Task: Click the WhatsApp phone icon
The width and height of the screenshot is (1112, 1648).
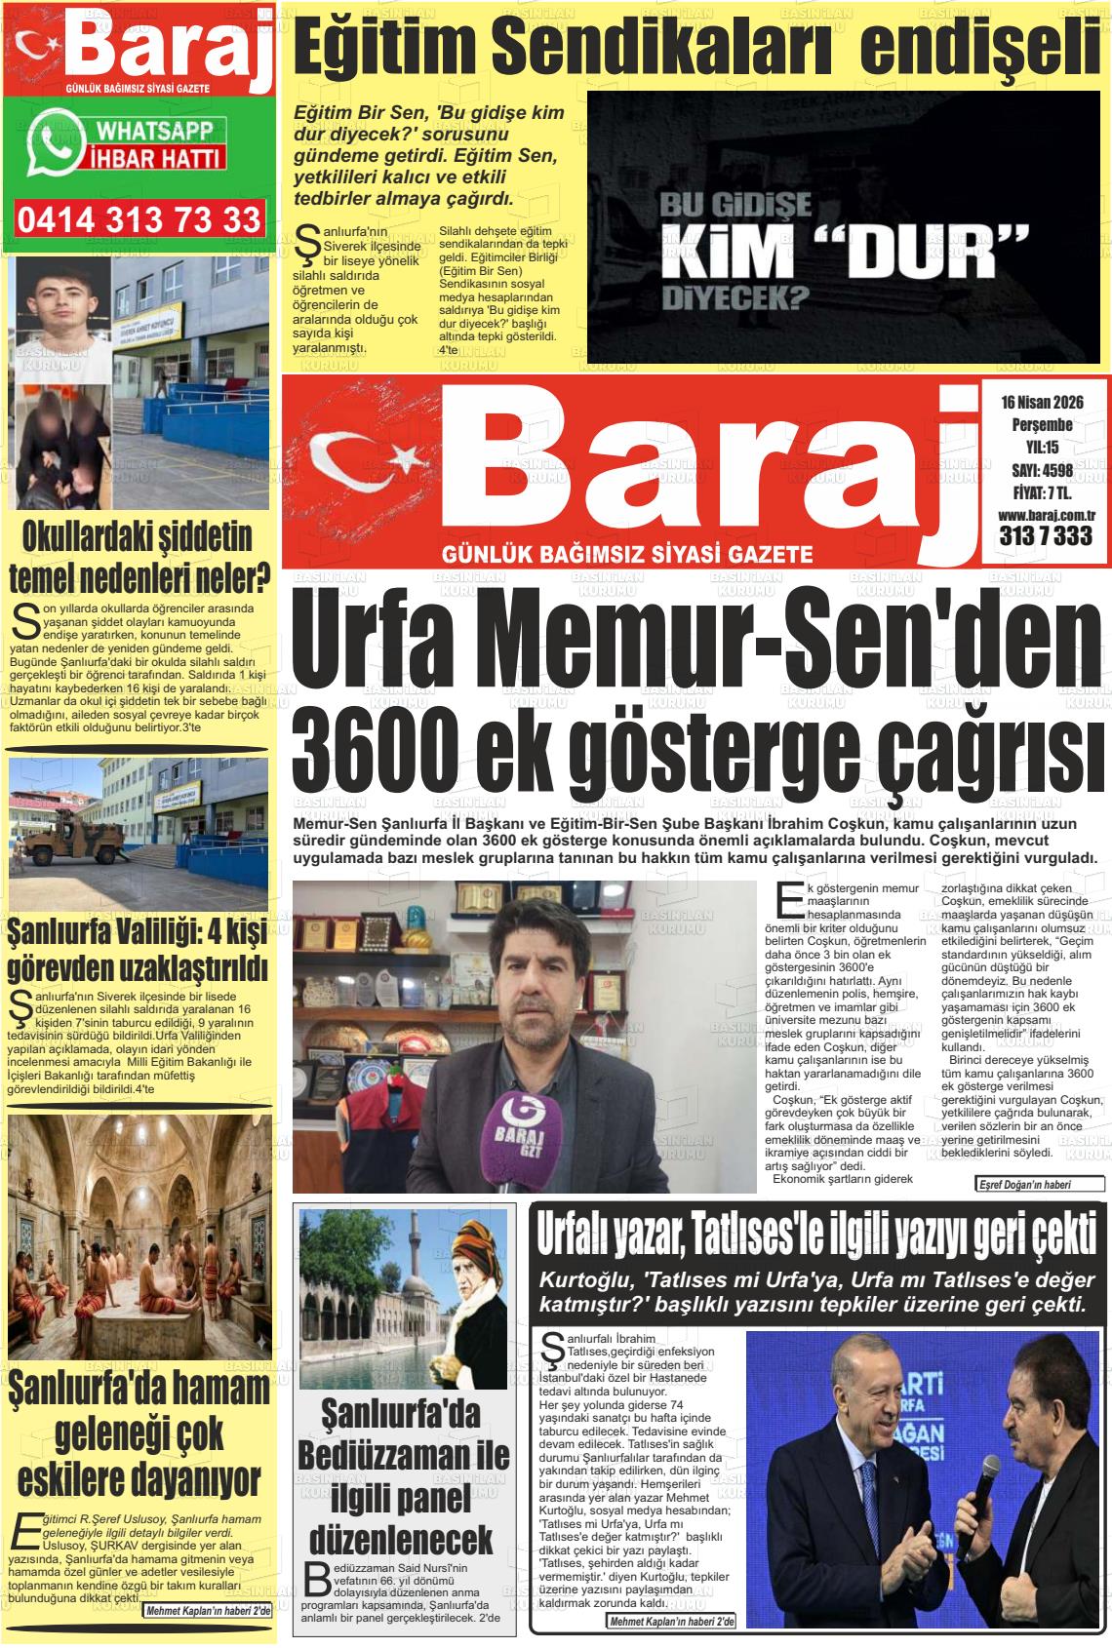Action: coord(50,145)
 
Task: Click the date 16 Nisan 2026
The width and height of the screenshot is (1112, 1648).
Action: coord(1042,403)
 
